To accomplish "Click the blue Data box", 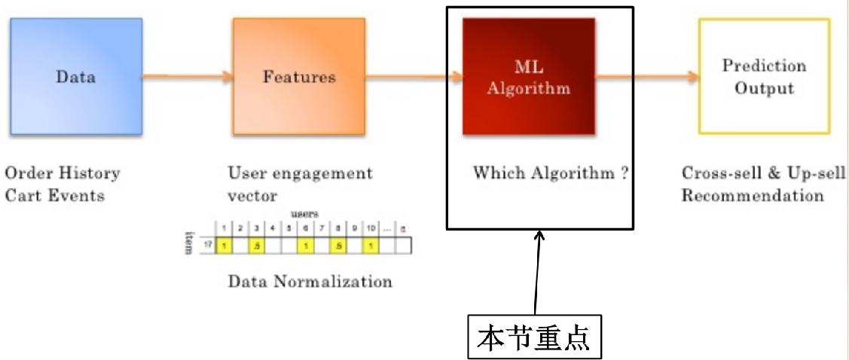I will [x=75, y=76].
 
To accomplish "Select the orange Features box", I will [x=299, y=76].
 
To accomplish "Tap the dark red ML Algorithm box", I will [x=528, y=78].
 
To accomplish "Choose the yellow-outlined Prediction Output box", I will [x=764, y=76].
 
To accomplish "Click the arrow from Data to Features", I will [x=187, y=76].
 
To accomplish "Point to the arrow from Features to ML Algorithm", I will [x=414, y=76].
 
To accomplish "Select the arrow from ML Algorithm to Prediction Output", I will [x=646, y=76].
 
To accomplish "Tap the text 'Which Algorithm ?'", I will [x=551, y=173].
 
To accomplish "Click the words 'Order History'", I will [x=63, y=173].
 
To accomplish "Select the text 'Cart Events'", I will [x=54, y=196].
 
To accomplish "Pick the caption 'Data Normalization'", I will [x=310, y=282].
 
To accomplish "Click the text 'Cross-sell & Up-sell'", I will [x=764, y=173].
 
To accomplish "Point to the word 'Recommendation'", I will [x=753, y=196].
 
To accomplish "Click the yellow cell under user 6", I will [x=305, y=246].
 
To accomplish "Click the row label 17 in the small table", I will [x=207, y=246].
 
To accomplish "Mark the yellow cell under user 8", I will [x=338, y=246].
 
